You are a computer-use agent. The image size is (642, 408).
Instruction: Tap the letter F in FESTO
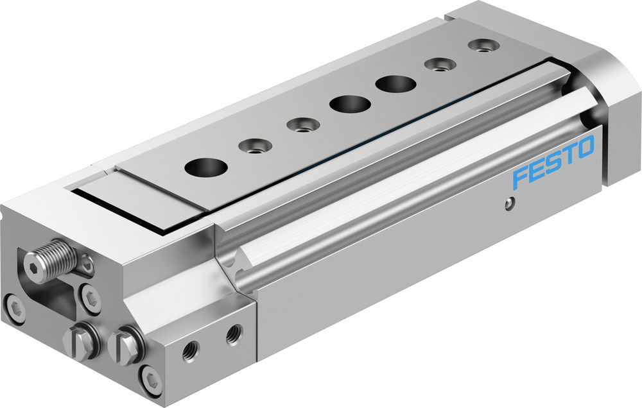[521, 178]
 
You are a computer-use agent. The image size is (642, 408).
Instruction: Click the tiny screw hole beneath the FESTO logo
[508, 204]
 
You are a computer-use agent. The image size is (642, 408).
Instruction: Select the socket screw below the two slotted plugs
[151, 381]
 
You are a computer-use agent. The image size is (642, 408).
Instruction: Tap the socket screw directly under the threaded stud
[91, 297]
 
